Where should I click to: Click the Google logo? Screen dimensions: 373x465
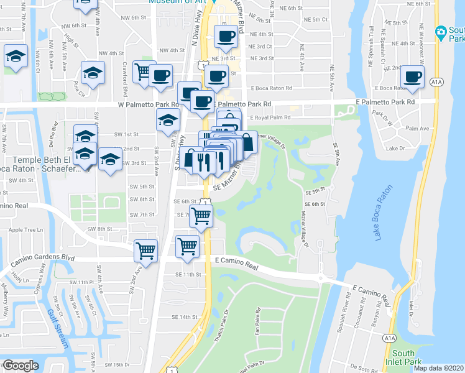tap(21, 366)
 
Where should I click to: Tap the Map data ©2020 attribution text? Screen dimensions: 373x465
tap(438, 368)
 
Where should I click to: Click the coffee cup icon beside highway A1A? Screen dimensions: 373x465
tap(413, 77)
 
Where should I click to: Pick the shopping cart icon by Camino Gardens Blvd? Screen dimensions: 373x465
tap(145, 251)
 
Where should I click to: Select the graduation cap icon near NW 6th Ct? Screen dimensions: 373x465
tap(16, 57)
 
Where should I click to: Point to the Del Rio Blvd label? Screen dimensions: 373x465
tap(55, 129)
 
